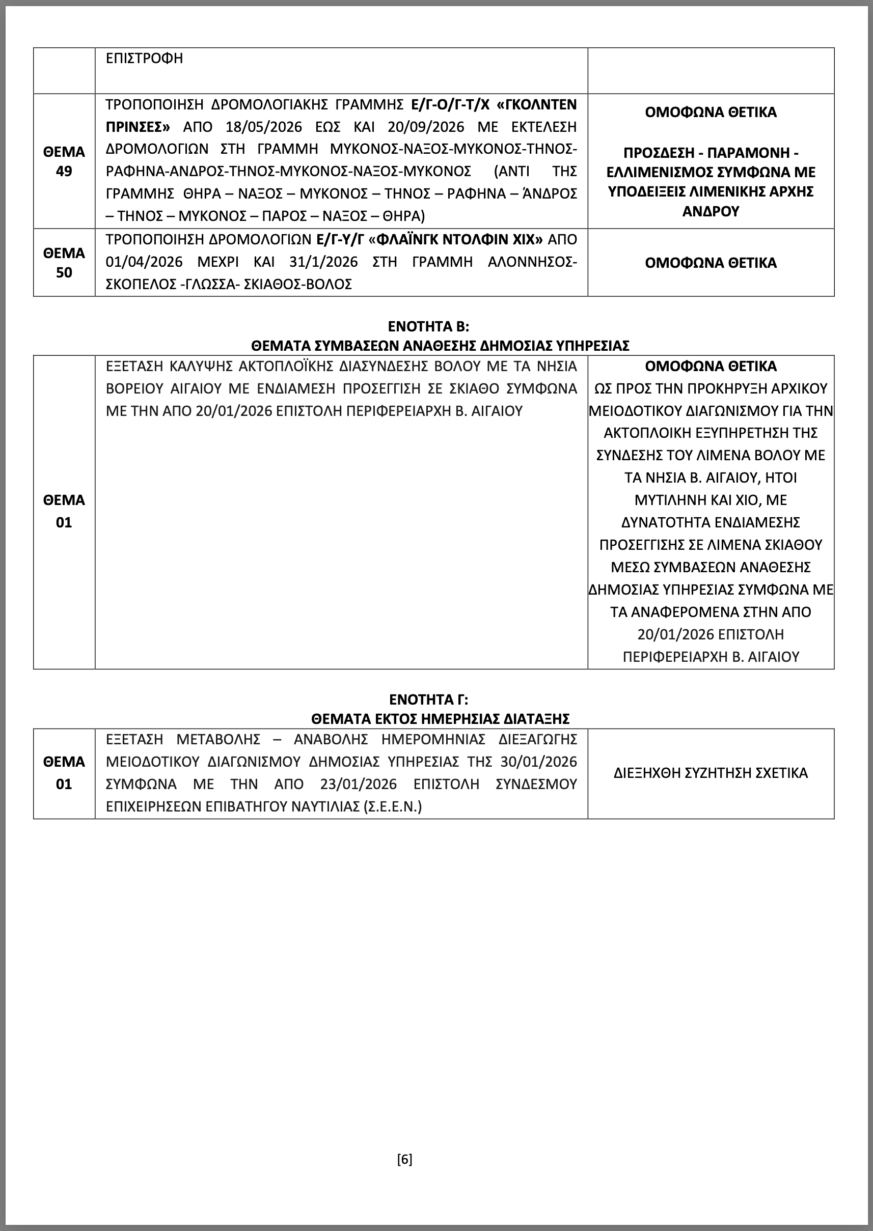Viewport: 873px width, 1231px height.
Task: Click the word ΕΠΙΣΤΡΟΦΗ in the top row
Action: coord(144,58)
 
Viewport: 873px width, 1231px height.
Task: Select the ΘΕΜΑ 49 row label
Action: coord(64,161)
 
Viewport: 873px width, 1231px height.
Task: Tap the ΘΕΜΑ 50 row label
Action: coord(64,263)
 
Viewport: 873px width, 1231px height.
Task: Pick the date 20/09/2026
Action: coord(425,127)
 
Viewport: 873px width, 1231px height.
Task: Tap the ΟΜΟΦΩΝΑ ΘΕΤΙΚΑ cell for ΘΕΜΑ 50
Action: coord(710,263)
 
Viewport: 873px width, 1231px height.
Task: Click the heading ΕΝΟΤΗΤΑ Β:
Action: coord(428,326)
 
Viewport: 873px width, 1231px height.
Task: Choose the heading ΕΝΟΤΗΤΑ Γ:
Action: coord(428,700)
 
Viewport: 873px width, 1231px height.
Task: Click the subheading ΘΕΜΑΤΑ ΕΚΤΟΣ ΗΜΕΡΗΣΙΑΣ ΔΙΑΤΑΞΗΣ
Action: coord(440,718)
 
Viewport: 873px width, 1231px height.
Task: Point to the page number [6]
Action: coord(405,1159)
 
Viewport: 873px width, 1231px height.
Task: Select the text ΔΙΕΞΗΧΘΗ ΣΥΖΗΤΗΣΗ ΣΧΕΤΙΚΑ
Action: coord(710,773)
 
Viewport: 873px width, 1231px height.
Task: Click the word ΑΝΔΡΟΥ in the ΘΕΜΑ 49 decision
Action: coord(710,211)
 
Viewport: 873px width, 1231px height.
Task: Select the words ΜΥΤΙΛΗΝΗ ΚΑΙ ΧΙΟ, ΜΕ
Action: coord(710,500)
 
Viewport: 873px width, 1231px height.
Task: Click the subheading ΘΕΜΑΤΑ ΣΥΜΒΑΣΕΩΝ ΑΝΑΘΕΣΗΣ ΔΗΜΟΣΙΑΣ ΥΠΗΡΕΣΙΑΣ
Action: coord(440,346)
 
